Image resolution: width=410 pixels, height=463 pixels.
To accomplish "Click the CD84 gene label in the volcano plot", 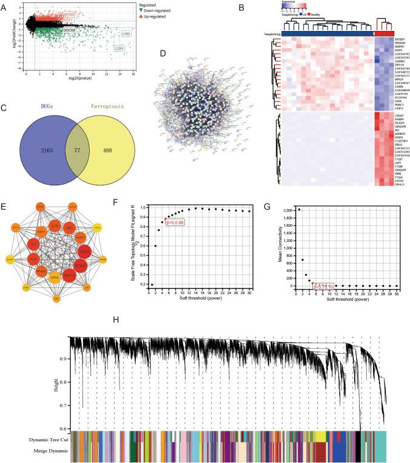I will click(x=121, y=48).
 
